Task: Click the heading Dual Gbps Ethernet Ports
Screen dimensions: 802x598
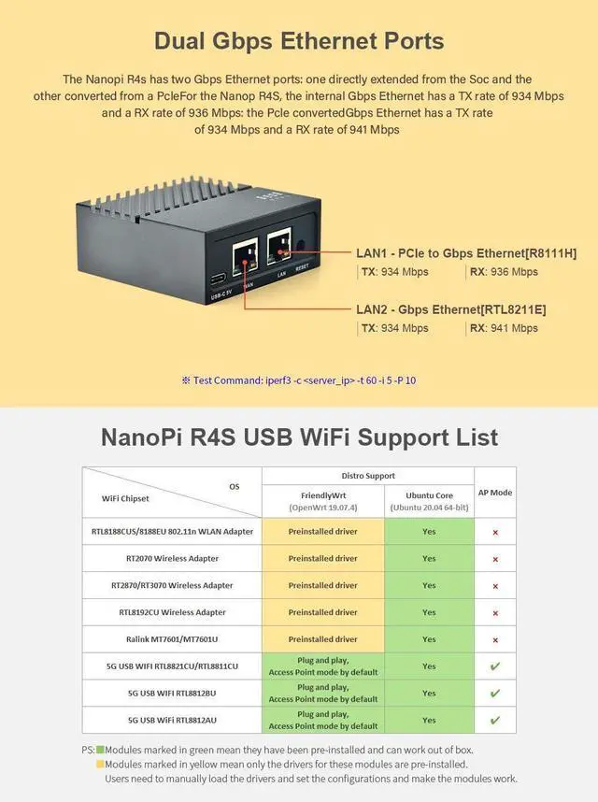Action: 298,41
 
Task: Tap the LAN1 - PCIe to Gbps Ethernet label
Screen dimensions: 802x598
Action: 466,253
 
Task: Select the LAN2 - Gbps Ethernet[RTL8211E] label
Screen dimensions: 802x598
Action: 451,309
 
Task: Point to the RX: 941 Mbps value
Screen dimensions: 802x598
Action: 504,328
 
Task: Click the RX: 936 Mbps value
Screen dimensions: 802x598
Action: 504,272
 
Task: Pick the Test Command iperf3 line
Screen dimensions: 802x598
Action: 298,380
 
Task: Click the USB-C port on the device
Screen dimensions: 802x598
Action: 218,279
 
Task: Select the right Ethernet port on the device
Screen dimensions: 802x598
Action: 280,245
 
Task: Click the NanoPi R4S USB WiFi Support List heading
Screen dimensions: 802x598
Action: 298,437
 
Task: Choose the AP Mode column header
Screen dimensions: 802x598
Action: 494,493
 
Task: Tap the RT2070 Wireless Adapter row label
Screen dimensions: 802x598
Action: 172,559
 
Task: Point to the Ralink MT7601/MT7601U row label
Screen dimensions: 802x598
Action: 172,639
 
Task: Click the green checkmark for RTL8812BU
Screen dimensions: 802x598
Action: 494,694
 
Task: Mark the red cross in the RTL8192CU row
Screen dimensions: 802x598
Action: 494,612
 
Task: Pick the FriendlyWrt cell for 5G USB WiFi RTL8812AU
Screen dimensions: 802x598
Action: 322,721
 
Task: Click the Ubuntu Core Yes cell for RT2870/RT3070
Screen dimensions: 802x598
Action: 428,585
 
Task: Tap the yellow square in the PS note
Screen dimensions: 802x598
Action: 100,764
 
